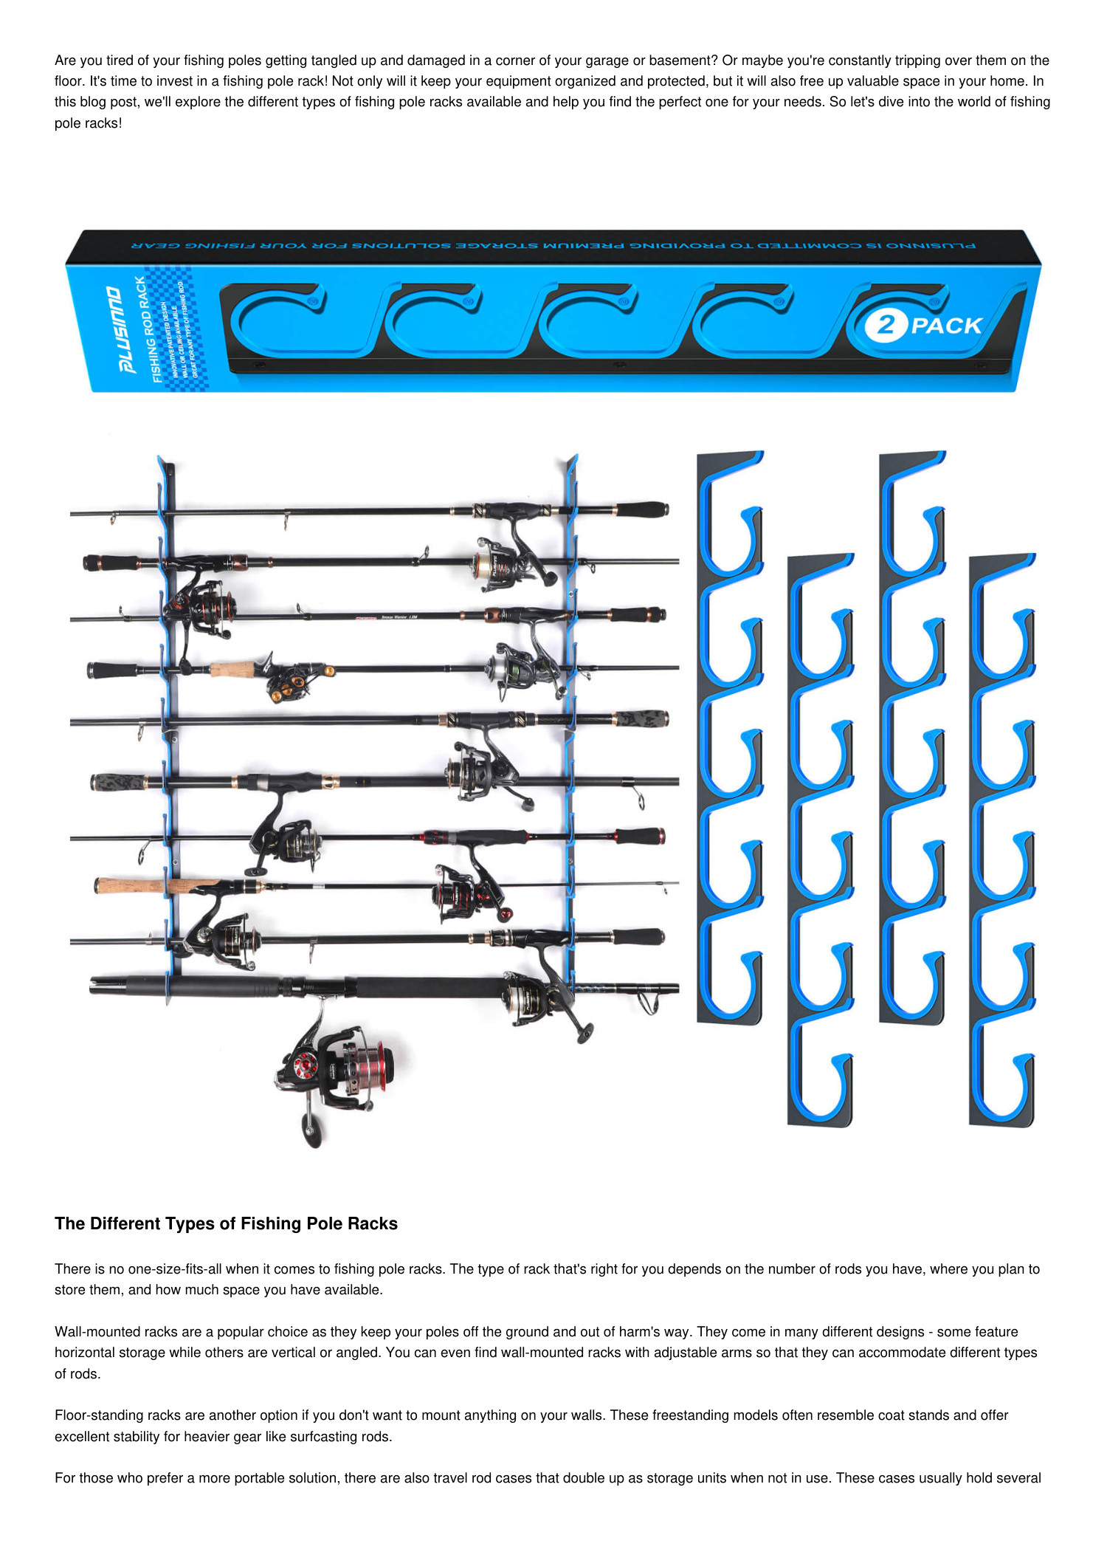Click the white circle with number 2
point(885,326)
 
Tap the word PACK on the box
point(946,326)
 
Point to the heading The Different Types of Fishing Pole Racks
point(226,1223)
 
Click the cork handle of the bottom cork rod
point(133,885)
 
